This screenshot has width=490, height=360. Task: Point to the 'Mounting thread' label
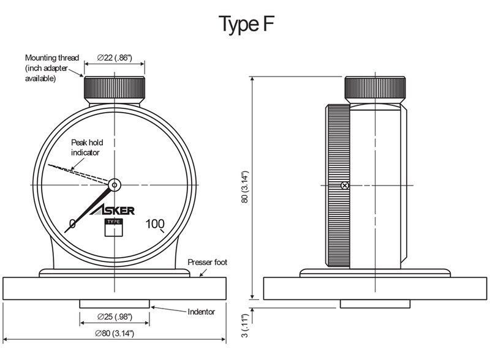[51, 58]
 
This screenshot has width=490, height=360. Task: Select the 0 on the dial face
[72, 223]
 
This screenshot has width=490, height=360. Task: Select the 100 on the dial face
[155, 223]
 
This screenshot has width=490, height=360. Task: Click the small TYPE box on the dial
[114, 228]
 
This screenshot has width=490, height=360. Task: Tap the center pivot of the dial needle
[115, 183]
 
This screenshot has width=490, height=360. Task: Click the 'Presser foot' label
[208, 262]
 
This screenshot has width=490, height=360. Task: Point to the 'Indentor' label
[202, 312]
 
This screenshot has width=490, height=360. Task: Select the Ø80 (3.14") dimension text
[115, 334]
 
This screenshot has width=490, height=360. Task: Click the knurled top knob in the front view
[115, 89]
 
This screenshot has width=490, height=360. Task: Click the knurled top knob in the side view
[375, 89]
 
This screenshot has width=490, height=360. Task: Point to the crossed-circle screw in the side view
[345, 185]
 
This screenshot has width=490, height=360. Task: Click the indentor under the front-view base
[115, 304]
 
